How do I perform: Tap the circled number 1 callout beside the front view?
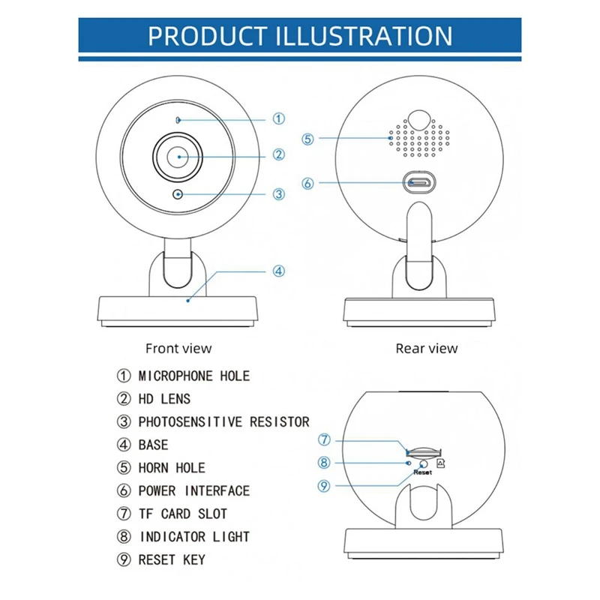tap(278, 118)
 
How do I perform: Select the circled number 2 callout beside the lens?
tap(278, 155)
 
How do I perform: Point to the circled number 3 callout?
tap(278, 193)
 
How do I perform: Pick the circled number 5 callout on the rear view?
tap(308, 138)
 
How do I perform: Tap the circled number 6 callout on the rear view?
tap(308, 182)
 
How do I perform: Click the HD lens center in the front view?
tap(178, 157)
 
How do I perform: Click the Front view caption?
tap(178, 348)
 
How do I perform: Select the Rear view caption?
tap(426, 348)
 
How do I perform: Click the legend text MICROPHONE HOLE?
tap(193, 376)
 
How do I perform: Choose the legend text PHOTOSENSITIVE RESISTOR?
tap(223, 422)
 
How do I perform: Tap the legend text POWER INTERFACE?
tap(193, 491)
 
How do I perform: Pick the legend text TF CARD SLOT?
tap(182, 514)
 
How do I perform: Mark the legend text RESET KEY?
tap(172, 560)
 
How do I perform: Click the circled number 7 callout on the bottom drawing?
tap(324, 439)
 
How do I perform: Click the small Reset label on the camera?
tap(423, 472)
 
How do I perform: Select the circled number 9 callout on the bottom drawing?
tap(324, 485)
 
